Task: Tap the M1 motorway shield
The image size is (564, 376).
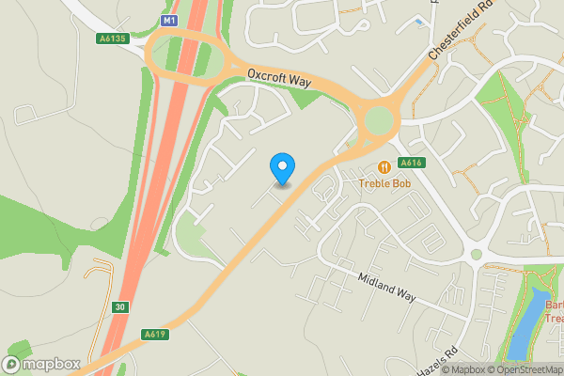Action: point(169,20)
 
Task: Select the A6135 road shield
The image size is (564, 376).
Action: point(112,39)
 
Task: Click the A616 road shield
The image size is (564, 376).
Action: point(411,163)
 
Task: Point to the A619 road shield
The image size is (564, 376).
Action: point(155,334)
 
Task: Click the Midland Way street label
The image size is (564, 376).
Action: point(386,286)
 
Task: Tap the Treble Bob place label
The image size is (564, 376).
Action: point(387,181)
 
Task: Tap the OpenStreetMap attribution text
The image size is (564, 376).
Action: point(532,368)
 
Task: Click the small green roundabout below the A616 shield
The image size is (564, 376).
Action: point(477,254)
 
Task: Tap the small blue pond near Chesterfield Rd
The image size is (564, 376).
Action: point(417,21)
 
